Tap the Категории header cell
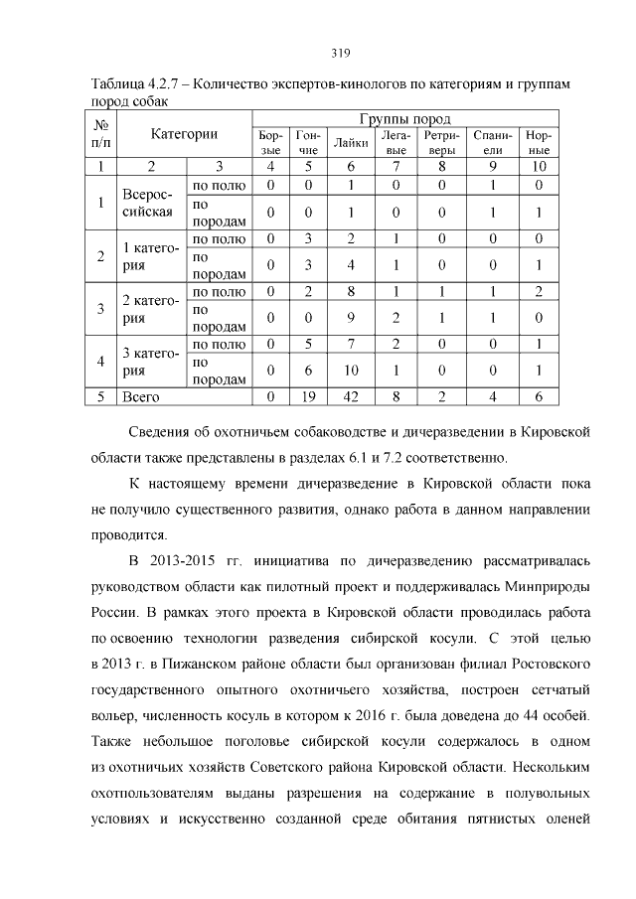pyautogui.click(x=184, y=133)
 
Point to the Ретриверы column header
pyautogui.click(x=439, y=142)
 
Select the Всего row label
pyautogui.click(x=140, y=395)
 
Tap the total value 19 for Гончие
pyautogui.click(x=308, y=395)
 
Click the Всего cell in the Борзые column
pyautogui.click(x=270, y=395)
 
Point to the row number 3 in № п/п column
pyautogui.click(x=101, y=308)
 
